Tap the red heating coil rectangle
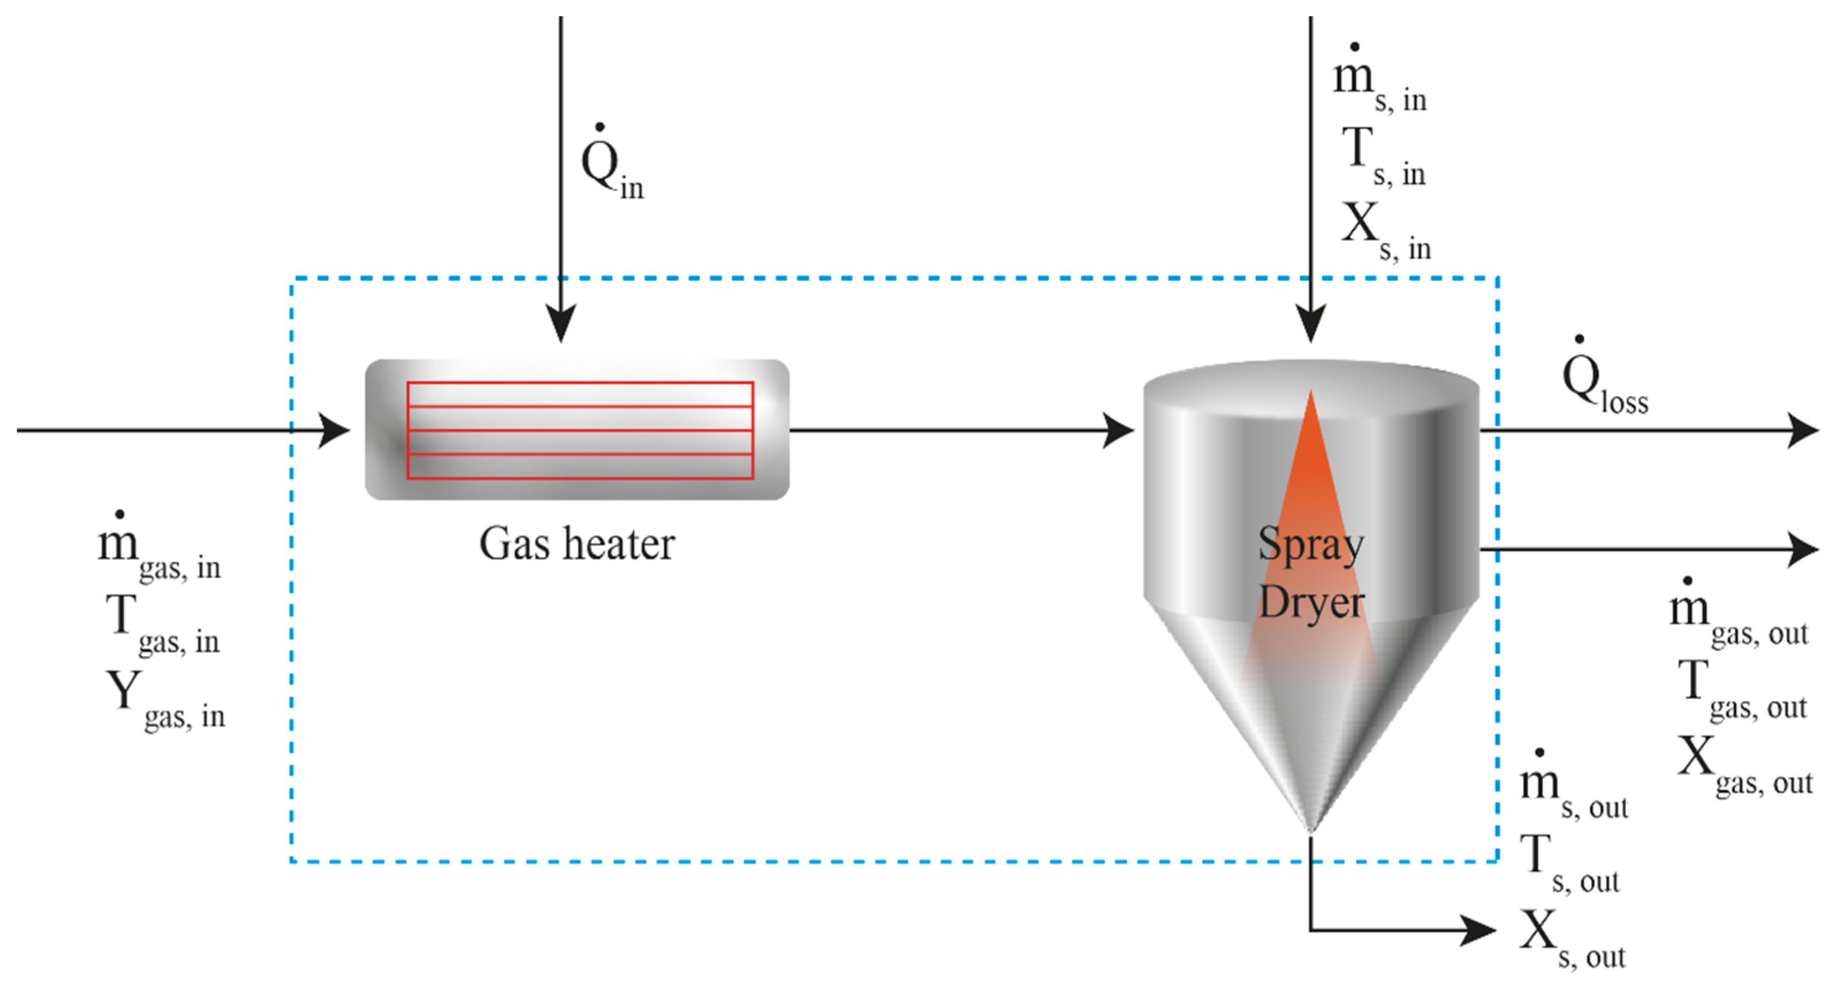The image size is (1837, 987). [x=580, y=430]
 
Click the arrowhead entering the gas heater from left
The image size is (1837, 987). [x=334, y=430]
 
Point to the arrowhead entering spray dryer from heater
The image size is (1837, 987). [x=1118, y=430]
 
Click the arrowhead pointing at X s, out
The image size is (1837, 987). [x=1478, y=930]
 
